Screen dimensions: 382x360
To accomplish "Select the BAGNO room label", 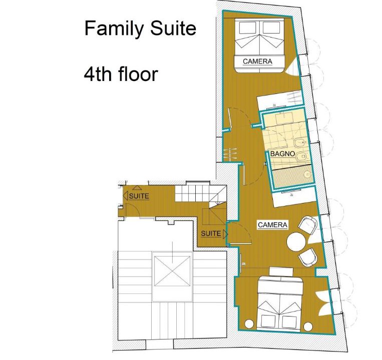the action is point(282,153).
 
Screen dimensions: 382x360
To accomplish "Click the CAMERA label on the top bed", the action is point(257,61).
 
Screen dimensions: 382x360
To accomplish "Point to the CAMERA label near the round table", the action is point(273,225).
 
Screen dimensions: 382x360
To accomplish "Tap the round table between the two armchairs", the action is point(296,241).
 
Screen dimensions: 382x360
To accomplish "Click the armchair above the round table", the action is point(308,225).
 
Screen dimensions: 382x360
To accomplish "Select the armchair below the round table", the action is point(308,257).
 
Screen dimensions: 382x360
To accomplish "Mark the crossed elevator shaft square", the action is point(172,271).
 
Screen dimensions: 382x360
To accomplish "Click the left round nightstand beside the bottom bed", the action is point(249,324).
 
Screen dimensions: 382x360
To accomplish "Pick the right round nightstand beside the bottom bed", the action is point(308,326).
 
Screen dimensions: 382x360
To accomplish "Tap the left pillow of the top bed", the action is point(247,27).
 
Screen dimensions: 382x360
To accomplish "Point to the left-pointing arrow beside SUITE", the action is point(126,195).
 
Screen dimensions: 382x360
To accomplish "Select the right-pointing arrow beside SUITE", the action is point(225,234).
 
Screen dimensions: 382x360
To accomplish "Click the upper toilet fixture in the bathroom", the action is point(300,143).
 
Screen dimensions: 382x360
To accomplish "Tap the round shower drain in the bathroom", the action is point(308,174).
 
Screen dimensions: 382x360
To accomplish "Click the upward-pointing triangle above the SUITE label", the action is point(137,187).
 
